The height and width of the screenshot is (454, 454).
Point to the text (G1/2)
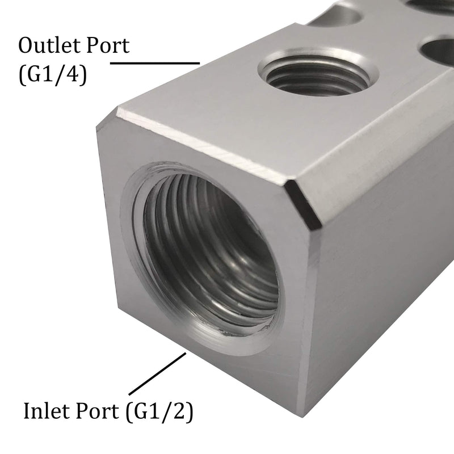161,410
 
